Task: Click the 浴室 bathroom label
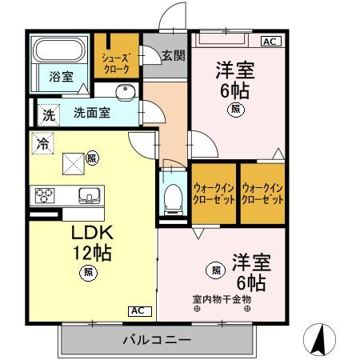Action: (x=62, y=77)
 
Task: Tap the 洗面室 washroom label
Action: (x=93, y=114)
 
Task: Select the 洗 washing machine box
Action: (x=49, y=114)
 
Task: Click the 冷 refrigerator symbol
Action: (x=41, y=144)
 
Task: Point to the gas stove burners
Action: (x=45, y=194)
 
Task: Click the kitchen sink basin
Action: (x=87, y=194)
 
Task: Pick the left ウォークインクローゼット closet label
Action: (x=214, y=193)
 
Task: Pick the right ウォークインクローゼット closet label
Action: (x=263, y=193)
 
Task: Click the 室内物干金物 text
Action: (x=222, y=299)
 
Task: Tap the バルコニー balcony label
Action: (x=157, y=340)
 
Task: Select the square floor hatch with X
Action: (x=73, y=163)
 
